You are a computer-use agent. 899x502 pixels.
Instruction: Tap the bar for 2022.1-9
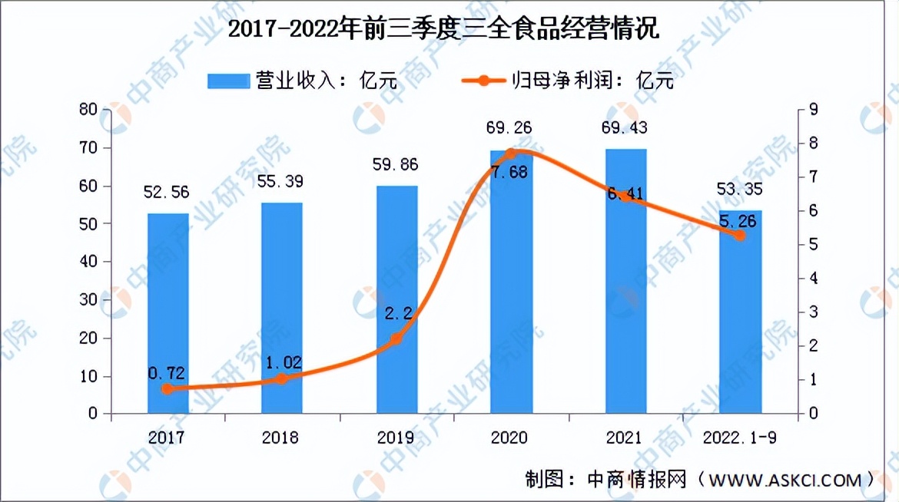point(740,312)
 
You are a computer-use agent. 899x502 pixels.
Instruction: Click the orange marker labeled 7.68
point(509,154)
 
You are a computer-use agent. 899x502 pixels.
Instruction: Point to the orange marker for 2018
point(281,379)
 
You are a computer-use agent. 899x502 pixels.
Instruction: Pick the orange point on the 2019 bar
point(396,339)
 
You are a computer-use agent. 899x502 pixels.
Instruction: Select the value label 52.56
point(167,193)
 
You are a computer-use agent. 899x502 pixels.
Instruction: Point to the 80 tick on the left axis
point(88,110)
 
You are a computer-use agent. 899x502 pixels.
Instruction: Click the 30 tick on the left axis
point(88,300)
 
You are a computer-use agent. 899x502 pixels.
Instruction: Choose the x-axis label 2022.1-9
point(739,438)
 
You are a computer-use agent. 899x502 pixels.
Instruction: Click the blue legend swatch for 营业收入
point(229,81)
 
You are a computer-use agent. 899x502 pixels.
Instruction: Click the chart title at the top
point(449,31)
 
